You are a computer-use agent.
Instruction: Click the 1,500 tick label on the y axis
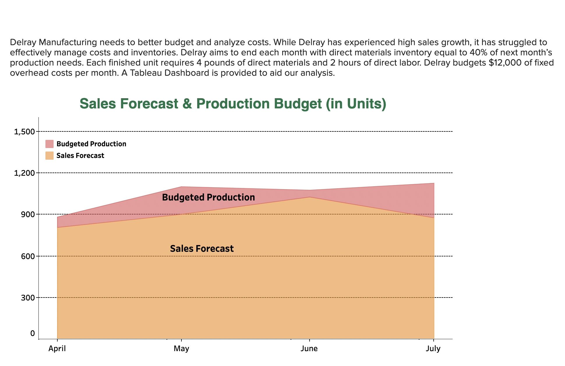click(x=24, y=132)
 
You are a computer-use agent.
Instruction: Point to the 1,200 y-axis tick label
click(x=24, y=173)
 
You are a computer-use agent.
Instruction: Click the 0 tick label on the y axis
click(x=32, y=333)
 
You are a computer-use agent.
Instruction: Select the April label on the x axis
click(x=57, y=349)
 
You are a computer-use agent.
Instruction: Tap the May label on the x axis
click(x=181, y=349)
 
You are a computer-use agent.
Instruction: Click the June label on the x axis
click(x=309, y=349)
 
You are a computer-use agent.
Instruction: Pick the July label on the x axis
click(x=433, y=349)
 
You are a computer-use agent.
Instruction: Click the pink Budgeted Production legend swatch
click(x=50, y=144)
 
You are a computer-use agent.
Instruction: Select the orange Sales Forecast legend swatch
click(x=50, y=156)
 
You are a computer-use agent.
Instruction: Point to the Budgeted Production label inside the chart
click(x=208, y=197)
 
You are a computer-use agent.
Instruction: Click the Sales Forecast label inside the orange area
click(x=202, y=249)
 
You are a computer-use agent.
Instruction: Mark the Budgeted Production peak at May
click(x=181, y=187)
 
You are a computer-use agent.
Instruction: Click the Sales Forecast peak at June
click(x=309, y=197)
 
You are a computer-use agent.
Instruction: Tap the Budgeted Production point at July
click(x=434, y=183)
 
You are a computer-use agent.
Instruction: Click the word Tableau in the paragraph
click(x=146, y=73)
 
